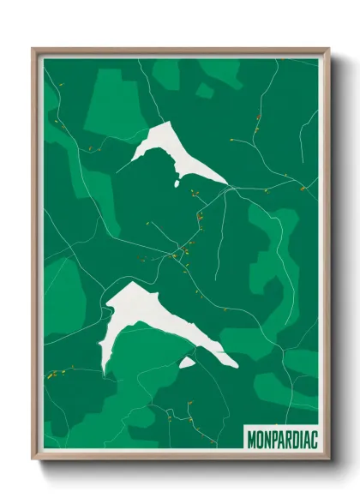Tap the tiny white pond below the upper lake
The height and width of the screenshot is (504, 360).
tap(177, 183)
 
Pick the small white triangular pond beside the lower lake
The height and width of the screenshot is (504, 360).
tap(187, 363)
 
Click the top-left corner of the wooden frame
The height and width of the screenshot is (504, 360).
tap(33, 50)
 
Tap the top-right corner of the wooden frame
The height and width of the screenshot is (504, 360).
tap(328, 50)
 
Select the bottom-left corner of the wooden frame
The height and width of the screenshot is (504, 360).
tap(33, 459)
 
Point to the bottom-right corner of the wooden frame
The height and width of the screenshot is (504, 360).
tap(328, 459)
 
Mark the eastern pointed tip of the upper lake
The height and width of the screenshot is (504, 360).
tap(227, 183)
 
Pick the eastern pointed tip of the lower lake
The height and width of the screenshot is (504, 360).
tap(237, 367)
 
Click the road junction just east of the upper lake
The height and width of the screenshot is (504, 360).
tap(227, 190)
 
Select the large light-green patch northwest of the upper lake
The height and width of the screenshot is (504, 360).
tap(116, 103)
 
